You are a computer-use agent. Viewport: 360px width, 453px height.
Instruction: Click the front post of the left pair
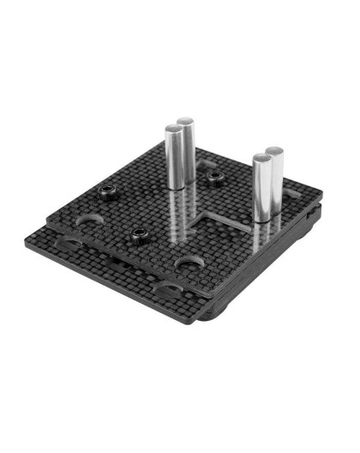click(x=174, y=159)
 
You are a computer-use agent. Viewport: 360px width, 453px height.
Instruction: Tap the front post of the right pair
click(x=261, y=187)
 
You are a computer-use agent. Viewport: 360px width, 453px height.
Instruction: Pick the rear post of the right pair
click(x=274, y=178)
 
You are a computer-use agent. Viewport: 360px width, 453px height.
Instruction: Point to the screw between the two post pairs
click(x=214, y=178)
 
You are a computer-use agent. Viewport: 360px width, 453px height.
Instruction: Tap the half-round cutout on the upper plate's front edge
click(x=188, y=262)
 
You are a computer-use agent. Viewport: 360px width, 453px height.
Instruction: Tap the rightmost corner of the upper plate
click(x=320, y=205)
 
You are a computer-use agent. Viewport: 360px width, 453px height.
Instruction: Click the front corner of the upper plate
click(x=211, y=293)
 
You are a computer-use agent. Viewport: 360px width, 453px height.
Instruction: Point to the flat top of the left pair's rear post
click(x=186, y=122)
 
